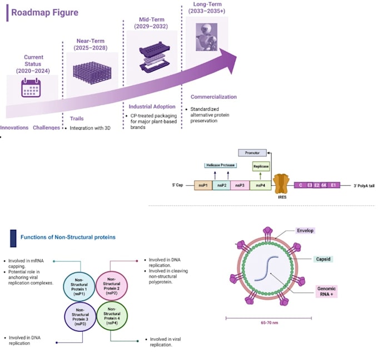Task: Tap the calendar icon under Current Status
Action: tap(31, 88)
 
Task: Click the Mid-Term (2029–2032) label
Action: tap(148, 23)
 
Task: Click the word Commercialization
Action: tap(213, 97)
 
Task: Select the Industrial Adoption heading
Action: tap(152, 106)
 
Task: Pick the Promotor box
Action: tap(252, 152)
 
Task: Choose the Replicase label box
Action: tap(261, 166)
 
